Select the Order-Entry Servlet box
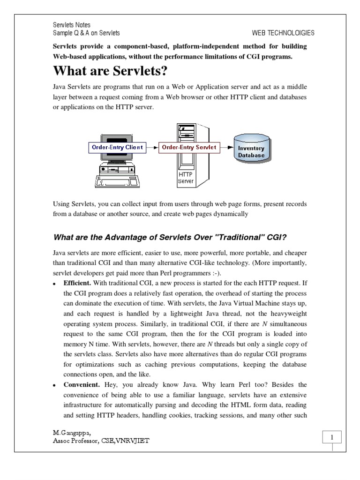[189, 147]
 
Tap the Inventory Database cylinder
[251, 149]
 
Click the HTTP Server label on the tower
[186, 178]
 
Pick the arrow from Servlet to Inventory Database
[227, 147]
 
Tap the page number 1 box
[332, 438]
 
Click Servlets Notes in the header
[71, 25]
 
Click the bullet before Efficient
[54, 284]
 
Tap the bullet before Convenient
[54, 385]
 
